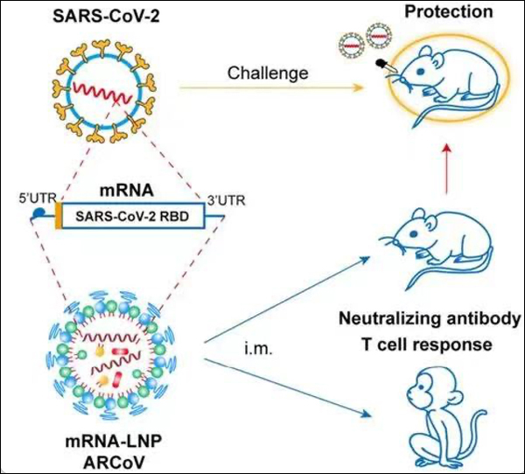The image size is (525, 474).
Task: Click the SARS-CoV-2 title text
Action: [x=107, y=17]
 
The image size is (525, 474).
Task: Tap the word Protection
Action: [x=449, y=11]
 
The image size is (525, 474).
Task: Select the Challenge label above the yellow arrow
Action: [x=268, y=73]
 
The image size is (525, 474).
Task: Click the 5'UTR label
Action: [x=38, y=198]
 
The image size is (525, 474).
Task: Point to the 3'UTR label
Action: [x=227, y=200]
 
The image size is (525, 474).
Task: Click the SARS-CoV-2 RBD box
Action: [x=133, y=216]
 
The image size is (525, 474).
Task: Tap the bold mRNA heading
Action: [x=127, y=190]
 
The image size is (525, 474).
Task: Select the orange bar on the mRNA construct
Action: [x=59, y=216]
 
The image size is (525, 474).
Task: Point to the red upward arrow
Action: [x=446, y=169]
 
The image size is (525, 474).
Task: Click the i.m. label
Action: [x=258, y=350]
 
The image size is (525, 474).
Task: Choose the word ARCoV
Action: [x=115, y=463]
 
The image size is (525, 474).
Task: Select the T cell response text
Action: [x=427, y=344]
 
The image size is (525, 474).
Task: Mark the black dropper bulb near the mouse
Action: [x=380, y=62]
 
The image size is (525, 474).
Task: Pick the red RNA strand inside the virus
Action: [x=101, y=92]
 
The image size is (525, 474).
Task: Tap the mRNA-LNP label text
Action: [x=114, y=441]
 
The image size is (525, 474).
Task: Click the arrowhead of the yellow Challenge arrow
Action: [x=359, y=87]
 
